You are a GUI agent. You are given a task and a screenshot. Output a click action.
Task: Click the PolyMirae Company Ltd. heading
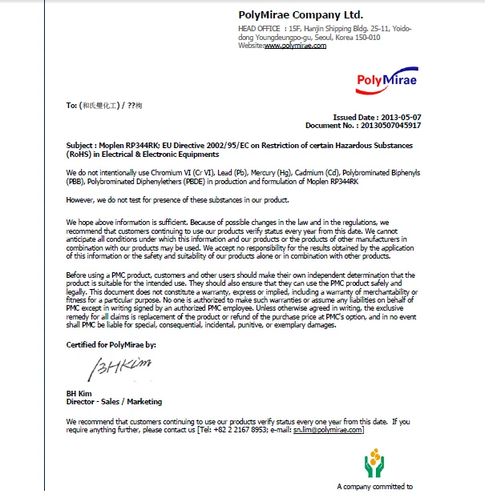click(x=301, y=14)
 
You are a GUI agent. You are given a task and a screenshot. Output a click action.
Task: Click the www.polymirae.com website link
click(x=295, y=46)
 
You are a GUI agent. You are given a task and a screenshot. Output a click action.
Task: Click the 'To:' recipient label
click(x=71, y=105)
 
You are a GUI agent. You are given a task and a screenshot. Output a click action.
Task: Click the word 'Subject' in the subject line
click(x=81, y=146)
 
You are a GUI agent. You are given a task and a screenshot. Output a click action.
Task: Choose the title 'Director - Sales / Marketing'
click(x=114, y=401)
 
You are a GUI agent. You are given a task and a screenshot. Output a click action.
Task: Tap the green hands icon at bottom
click(x=374, y=464)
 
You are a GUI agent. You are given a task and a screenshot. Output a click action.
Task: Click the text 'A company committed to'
click(x=374, y=486)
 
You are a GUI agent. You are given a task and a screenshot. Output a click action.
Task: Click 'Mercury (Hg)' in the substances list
click(x=257, y=172)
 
